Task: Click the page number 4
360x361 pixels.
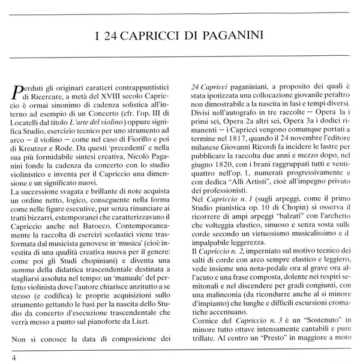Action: (6, 357)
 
